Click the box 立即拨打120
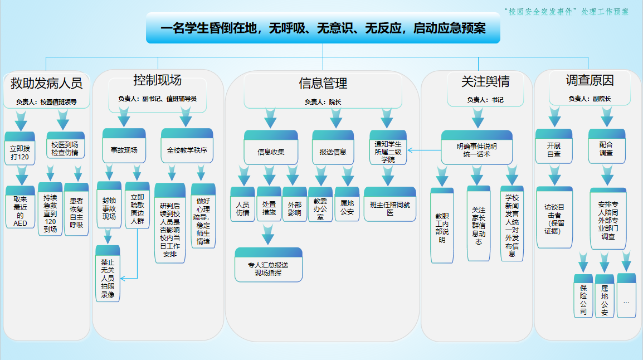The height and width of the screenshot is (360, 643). [20, 149]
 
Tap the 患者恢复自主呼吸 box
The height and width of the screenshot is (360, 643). [76, 210]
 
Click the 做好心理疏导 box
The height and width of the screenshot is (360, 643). [203, 216]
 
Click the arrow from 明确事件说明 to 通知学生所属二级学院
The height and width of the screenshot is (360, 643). [424, 150]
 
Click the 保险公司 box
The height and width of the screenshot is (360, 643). [583, 296]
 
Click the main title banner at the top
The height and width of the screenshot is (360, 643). [323, 28]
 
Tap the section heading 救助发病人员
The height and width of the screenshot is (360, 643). [46, 84]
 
